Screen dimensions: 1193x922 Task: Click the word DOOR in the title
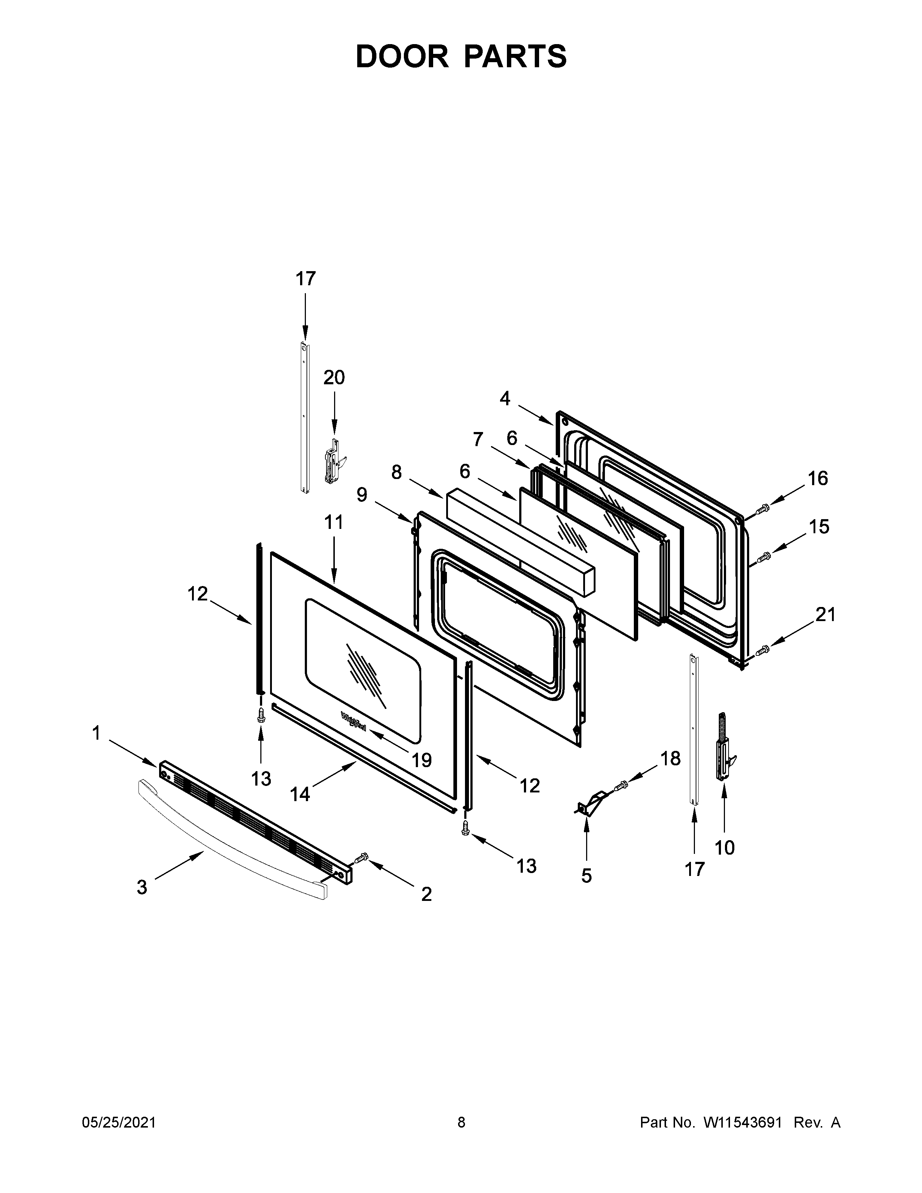(401, 56)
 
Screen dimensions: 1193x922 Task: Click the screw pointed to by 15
(763, 558)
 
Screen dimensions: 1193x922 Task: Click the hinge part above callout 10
(724, 745)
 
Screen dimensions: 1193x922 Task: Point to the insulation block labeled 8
(519, 541)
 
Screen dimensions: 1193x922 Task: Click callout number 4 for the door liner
(505, 399)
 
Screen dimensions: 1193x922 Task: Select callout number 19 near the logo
(422, 760)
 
